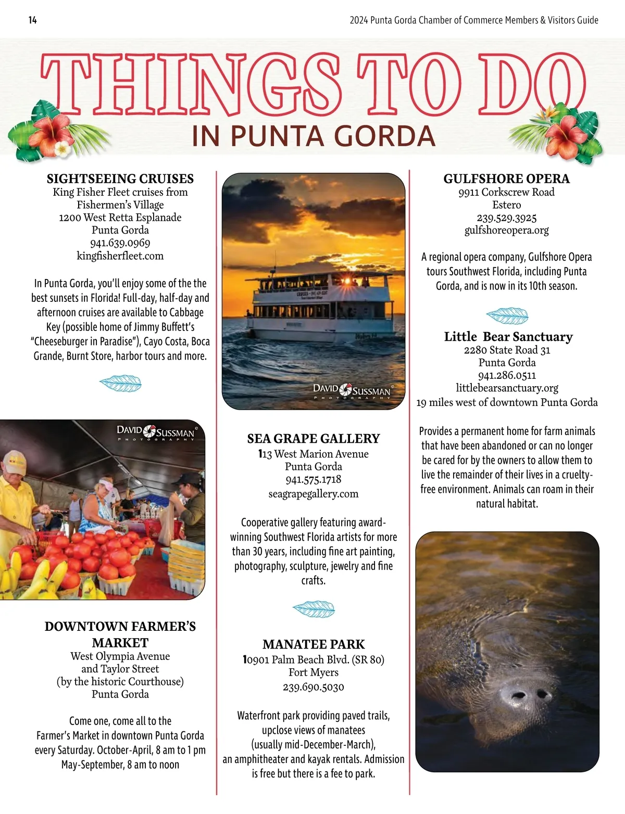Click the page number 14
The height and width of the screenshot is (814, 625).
click(32, 20)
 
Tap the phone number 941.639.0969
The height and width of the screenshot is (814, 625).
click(120, 243)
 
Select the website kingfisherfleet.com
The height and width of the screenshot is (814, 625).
click(120, 256)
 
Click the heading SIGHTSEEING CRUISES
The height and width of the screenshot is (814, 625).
click(120, 179)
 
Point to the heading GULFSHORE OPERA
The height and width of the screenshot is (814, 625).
click(506, 179)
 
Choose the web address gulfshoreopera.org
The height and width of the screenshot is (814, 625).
click(506, 231)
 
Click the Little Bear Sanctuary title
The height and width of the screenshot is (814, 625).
click(508, 337)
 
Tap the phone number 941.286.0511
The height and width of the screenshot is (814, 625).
click(507, 375)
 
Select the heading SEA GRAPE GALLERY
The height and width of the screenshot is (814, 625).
click(314, 439)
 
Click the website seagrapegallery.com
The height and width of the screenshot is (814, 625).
click(314, 494)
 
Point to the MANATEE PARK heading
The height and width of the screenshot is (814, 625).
click(314, 644)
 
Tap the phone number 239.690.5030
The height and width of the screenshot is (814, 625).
click(314, 687)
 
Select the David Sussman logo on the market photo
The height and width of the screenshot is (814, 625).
click(156, 432)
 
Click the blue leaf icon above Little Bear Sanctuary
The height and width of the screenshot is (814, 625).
click(507, 316)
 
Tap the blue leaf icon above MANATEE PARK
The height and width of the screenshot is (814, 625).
click(314, 609)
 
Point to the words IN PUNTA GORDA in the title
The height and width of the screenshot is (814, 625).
click(313, 136)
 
